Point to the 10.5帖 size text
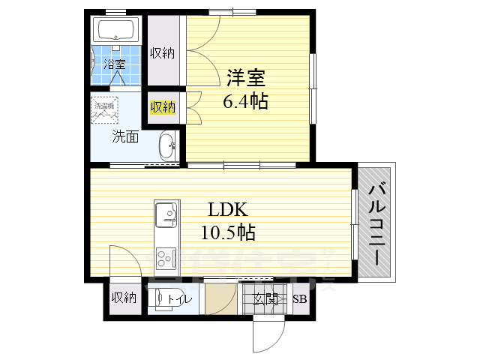228,232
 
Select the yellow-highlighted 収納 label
163,106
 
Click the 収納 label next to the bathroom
163,52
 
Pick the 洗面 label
124,136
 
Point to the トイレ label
179,299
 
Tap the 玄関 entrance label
265,299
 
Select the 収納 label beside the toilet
124,298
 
